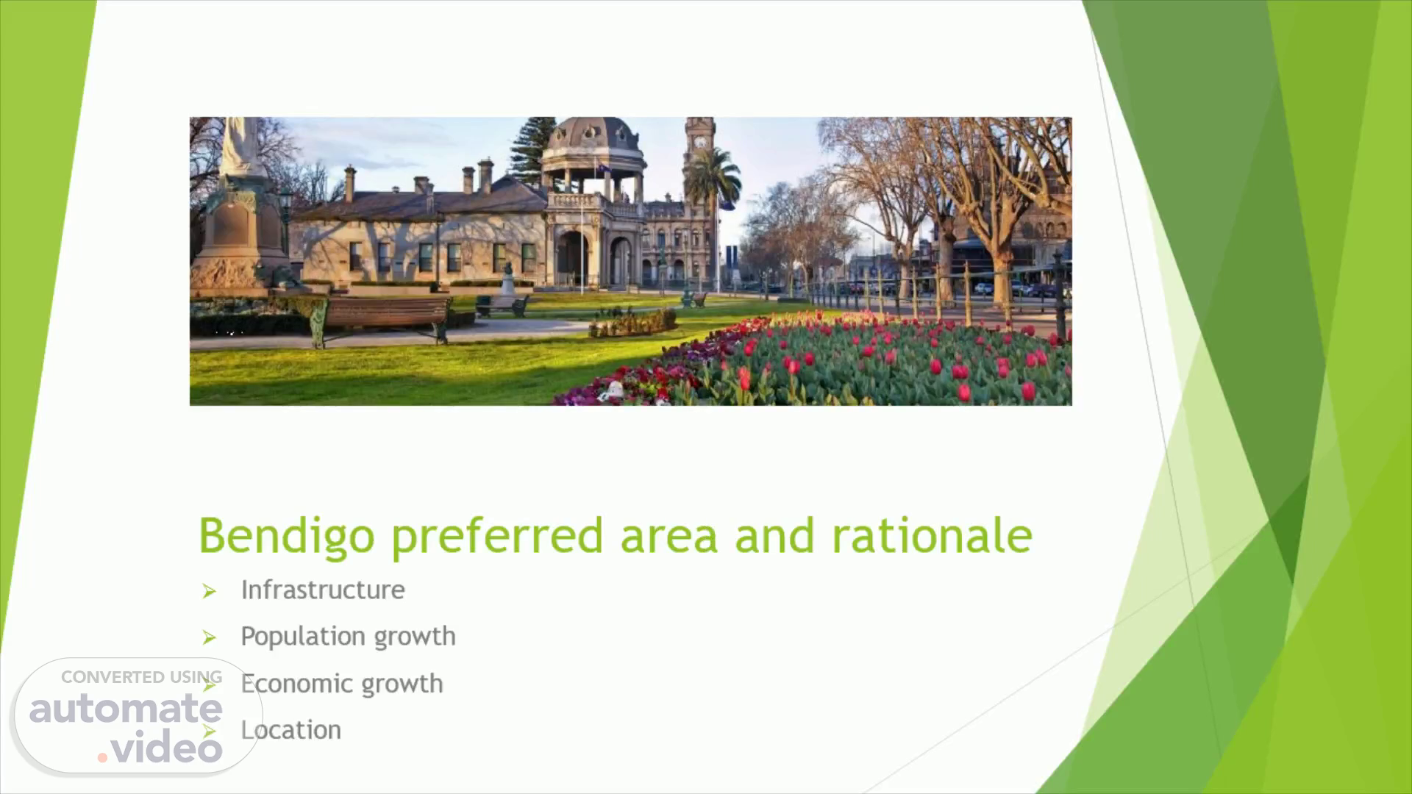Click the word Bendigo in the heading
click(x=287, y=537)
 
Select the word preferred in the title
click(x=497, y=537)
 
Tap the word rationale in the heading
click(x=932, y=535)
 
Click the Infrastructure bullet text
click(x=323, y=590)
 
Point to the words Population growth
click(x=348, y=637)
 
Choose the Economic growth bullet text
click(x=342, y=684)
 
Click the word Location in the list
click(x=291, y=730)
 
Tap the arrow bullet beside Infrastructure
click(x=210, y=591)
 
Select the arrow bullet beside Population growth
click(x=210, y=637)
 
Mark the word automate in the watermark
click(x=126, y=709)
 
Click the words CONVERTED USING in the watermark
click(x=141, y=677)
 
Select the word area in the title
click(x=668, y=537)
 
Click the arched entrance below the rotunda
click(x=572, y=259)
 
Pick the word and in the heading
click(x=774, y=535)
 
